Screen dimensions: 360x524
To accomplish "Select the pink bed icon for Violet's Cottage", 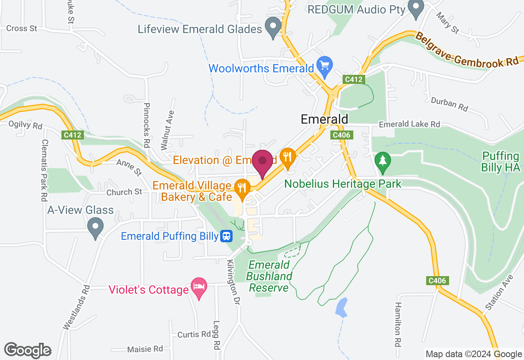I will pos(199,287).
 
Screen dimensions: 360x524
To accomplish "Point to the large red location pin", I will pos(262,163).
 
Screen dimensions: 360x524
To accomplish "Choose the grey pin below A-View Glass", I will pos(96,227).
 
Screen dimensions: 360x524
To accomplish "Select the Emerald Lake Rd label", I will pos(409,124).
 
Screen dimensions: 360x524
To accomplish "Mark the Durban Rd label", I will pos(449,105).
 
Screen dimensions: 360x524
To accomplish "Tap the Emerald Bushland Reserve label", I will pos(269,276).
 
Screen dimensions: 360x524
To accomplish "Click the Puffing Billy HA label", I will pos(501,162).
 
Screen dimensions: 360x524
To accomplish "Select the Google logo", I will pos(28,350).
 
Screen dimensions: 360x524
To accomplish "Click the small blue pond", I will pos(341,307).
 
